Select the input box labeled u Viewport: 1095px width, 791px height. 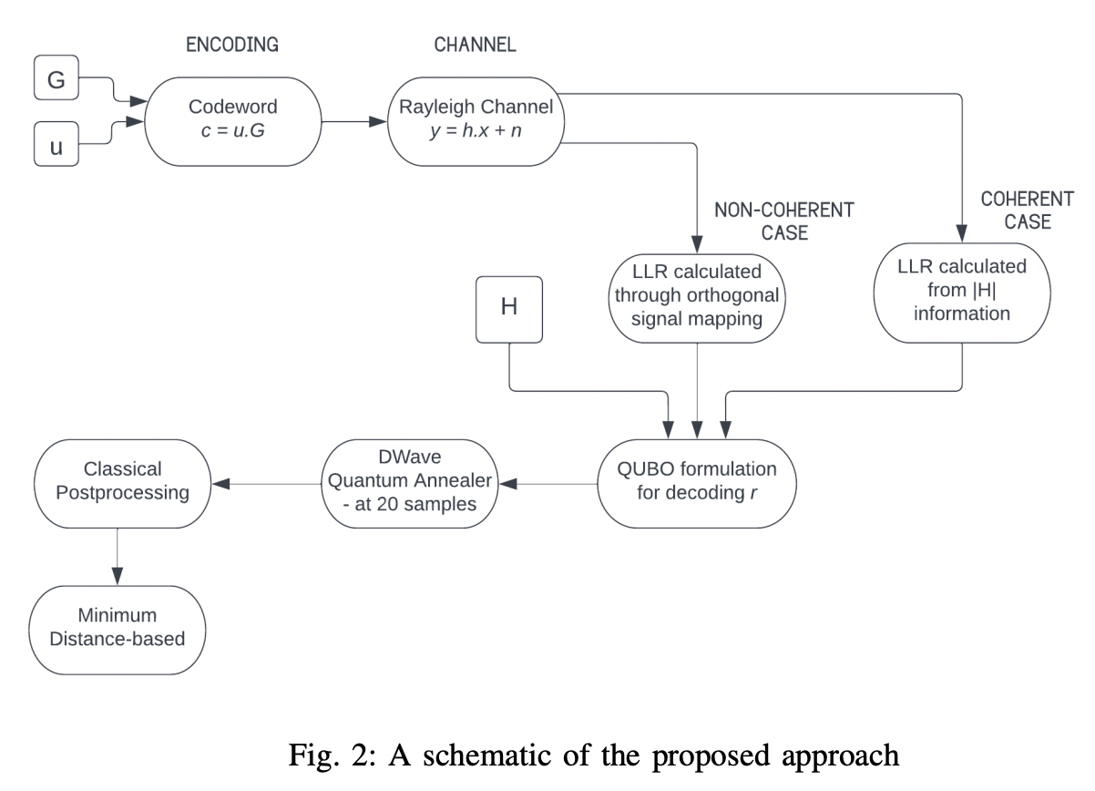[x=56, y=146]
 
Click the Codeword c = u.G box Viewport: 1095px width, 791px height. [x=232, y=120]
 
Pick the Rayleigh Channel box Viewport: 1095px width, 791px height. [x=476, y=120]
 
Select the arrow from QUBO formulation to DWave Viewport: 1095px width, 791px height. [x=552, y=484]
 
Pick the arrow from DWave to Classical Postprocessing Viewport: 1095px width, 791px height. [x=265, y=484]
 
